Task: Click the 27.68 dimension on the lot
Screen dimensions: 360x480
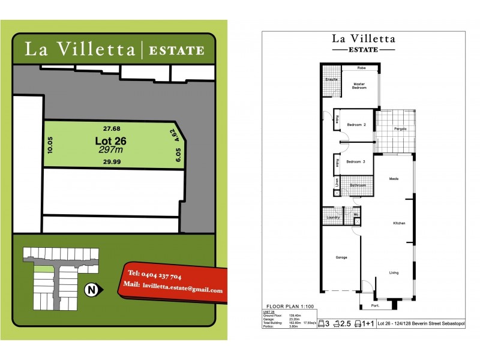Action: tap(112, 128)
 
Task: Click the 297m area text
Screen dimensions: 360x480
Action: tap(110, 150)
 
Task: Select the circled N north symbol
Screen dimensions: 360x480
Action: tap(92, 290)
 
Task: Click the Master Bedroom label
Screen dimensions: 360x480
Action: tap(359, 86)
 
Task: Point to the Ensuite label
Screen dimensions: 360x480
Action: tap(331, 79)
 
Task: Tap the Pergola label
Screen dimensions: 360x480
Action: tap(401, 129)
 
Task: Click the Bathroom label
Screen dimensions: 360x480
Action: tap(358, 185)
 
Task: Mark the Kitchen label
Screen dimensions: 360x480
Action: tap(400, 223)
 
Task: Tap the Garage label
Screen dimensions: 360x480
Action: tap(341, 257)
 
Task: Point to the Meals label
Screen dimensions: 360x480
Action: tap(394, 179)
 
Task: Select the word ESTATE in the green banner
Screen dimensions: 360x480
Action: tap(176, 50)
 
